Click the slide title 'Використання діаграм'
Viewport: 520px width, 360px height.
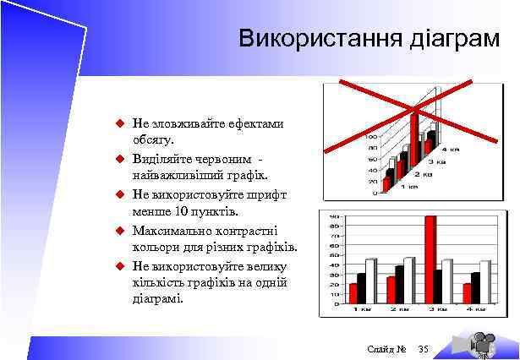click(x=369, y=39)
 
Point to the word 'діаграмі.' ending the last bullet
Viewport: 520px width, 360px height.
click(x=157, y=299)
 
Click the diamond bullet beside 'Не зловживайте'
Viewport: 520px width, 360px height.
click(x=120, y=123)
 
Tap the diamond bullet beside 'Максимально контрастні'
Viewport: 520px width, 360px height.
click(x=120, y=230)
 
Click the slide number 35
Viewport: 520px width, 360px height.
click(x=424, y=350)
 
